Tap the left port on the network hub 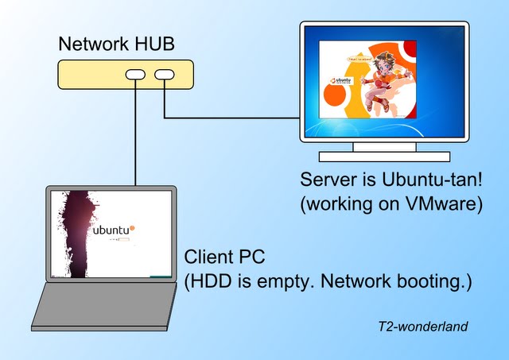135,75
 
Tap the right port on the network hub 165,75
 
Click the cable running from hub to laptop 135,135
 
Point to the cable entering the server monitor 239,118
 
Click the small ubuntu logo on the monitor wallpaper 340,81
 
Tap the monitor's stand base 384,157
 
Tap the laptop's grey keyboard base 103,306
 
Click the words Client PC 224,257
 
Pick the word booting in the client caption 428,282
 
